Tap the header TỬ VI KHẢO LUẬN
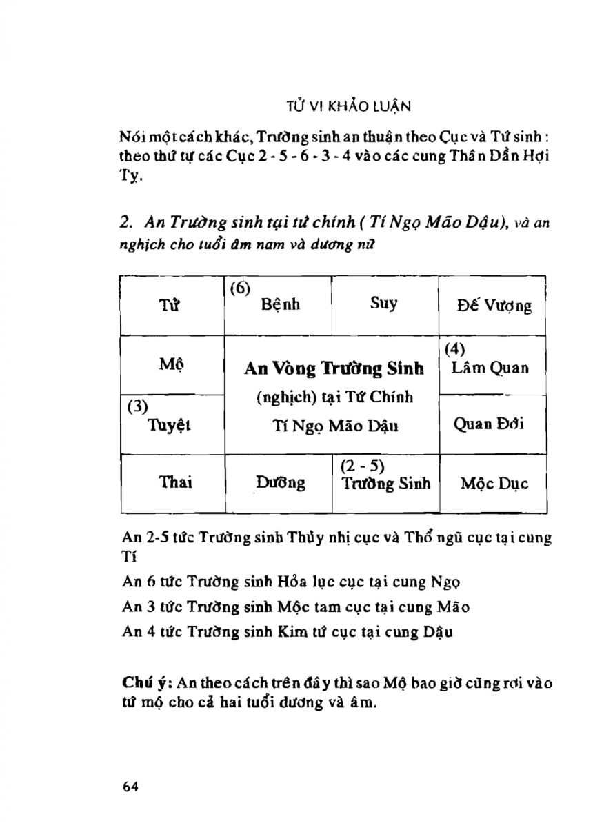click(348, 107)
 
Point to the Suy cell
click(383, 304)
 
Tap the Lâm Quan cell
click(490, 368)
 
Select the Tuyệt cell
click(170, 426)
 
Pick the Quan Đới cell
click(489, 424)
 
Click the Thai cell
click(176, 482)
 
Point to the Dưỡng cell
click(281, 483)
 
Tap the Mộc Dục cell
click(494, 483)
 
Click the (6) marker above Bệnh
click(239, 288)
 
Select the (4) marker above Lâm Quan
click(454, 349)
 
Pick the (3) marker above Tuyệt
click(139, 406)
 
